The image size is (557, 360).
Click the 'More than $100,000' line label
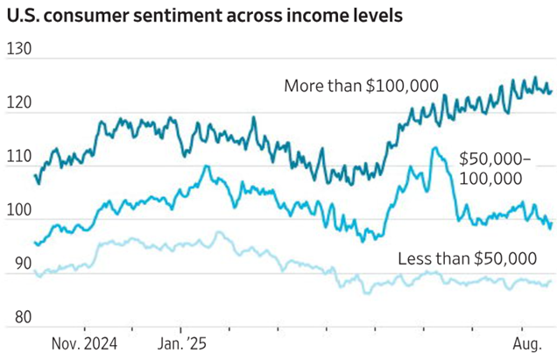click(361, 85)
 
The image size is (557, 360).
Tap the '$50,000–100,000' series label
click(493, 168)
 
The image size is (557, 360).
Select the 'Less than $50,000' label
click(467, 258)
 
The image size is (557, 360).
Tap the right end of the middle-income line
click(550, 227)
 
